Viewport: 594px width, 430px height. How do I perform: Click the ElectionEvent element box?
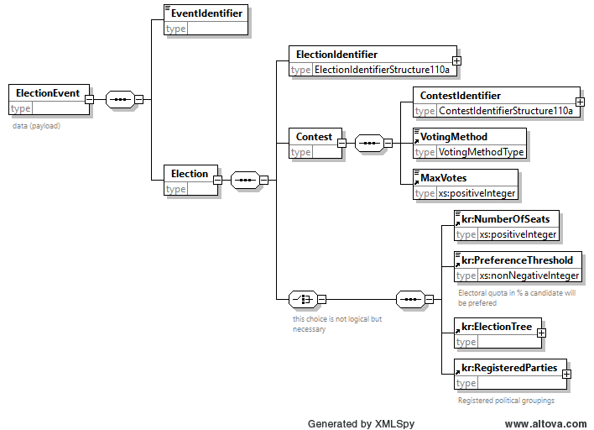(49, 100)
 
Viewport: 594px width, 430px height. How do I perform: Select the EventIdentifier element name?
(206, 13)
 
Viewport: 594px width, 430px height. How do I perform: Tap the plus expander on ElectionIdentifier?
(457, 60)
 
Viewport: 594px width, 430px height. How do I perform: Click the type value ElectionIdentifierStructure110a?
(382, 70)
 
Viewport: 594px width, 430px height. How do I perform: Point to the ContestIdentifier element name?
(461, 96)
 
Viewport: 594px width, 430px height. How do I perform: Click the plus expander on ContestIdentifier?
(580, 102)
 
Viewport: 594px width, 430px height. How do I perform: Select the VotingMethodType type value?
(481, 152)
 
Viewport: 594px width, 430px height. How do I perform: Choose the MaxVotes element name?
(443, 178)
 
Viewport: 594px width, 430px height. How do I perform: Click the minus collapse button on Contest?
(341, 143)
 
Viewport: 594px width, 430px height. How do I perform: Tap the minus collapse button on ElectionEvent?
(90, 99)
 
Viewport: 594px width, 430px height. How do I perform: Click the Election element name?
(190, 174)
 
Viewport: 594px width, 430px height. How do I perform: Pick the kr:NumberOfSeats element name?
(505, 219)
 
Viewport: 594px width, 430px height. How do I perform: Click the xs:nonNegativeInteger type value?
(529, 275)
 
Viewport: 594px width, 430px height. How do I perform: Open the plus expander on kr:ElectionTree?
(542, 333)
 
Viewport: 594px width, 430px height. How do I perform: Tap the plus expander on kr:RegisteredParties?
(566, 375)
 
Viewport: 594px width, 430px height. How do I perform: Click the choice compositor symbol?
(303, 300)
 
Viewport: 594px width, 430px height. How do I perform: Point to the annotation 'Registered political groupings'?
(506, 401)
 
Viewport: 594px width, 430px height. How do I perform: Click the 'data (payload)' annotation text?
(36, 126)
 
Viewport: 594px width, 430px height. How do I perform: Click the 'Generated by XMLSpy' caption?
(361, 424)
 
